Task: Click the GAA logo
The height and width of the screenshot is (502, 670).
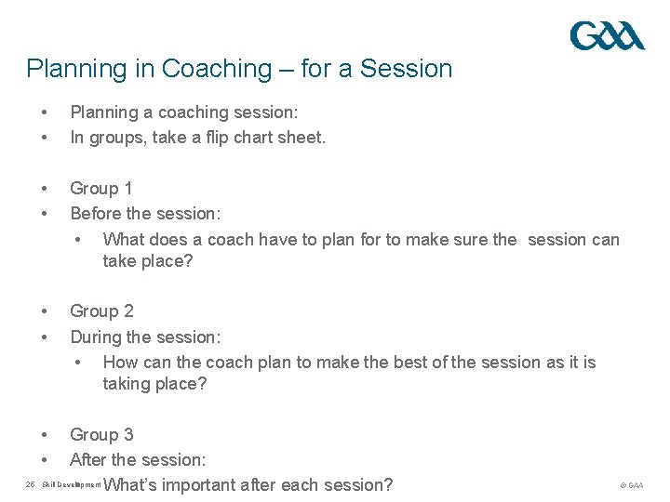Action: pyautogui.click(x=607, y=36)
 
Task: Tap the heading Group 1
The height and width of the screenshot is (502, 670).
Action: pyautogui.click(x=101, y=189)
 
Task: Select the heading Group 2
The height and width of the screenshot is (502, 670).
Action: pyautogui.click(x=101, y=311)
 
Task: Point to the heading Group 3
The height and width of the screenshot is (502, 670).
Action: pyautogui.click(x=101, y=434)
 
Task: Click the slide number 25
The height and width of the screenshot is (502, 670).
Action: pyautogui.click(x=30, y=484)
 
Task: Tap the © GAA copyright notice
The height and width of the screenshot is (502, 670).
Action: pyautogui.click(x=631, y=485)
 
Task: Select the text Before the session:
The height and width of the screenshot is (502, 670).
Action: pyautogui.click(x=145, y=214)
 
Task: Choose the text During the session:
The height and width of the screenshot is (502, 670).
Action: pyautogui.click(x=145, y=337)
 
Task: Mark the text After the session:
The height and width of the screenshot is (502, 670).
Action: pyautogui.click(x=138, y=459)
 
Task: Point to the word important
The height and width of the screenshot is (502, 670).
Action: pyautogui.click(x=201, y=484)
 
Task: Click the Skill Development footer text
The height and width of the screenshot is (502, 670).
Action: pyautogui.click(x=72, y=485)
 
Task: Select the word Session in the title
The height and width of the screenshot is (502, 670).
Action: pyautogui.click(x=406, y=69)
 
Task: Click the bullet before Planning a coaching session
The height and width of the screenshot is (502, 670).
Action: pyautogui.click(x=44, y=112)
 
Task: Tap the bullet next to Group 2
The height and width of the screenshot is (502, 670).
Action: pyautogui.click(x=44, y=311)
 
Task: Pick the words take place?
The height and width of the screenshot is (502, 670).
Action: pyautogui.click(x=148, y=261)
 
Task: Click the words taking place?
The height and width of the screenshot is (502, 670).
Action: pyautogui.click(x=154, y=384)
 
